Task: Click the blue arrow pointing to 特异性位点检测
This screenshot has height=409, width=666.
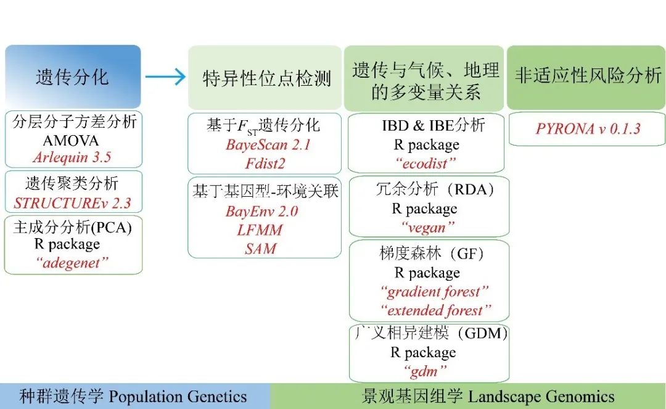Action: coord(165,76)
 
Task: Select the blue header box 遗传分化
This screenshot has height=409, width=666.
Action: coord(73,76)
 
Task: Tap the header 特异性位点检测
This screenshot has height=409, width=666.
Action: coord(266,78)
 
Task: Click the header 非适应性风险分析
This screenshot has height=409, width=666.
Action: coord(587,76)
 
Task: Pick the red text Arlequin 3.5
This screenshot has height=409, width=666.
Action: coord(72,157)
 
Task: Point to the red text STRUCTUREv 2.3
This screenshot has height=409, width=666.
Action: coord(72,203)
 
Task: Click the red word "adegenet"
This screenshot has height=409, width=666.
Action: coord(72,263)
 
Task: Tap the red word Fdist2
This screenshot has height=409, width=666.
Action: coord(265,164)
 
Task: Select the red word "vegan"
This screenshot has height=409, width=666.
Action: coord(428,227)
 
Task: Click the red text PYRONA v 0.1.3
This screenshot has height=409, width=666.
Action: coord(588,128)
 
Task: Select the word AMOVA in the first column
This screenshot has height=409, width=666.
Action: coord(71,140)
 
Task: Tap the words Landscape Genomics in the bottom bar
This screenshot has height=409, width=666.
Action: coord(541,396)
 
